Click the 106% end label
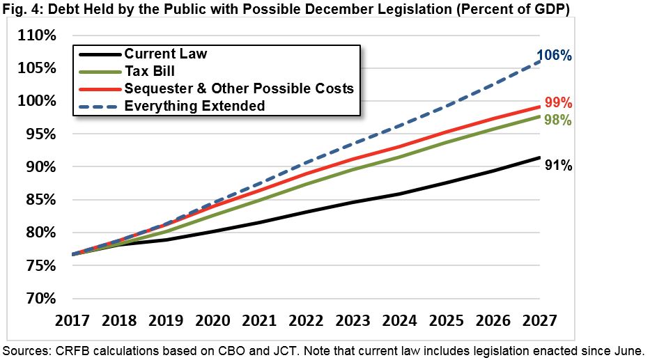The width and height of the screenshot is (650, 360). point(554,55)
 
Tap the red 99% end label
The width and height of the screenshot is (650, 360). point(557,103)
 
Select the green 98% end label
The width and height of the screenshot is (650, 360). point(557,120)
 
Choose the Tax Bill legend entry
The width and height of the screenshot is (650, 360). point(150,71)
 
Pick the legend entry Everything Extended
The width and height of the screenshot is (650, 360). point(194,106)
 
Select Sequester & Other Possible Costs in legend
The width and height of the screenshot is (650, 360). point(238,88)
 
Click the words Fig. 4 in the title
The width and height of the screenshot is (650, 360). point(20,10)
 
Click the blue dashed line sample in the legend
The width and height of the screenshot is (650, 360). point(98,106)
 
